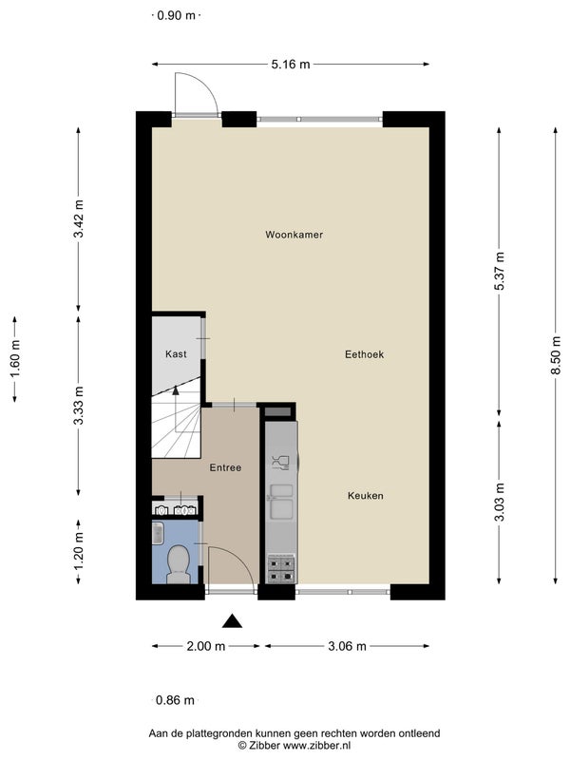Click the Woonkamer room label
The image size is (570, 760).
(294, 235)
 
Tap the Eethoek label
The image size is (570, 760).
(364, 354)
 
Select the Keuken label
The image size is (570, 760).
(366, 496)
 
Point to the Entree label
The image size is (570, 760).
(225, 467)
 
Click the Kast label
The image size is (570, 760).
(176, 353)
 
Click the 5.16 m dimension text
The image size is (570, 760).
(291, 65)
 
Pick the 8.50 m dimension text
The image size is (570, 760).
(556, 355)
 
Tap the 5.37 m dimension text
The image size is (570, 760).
(500, 271)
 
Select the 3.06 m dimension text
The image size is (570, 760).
(347, 646)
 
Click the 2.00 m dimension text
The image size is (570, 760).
(206, 646)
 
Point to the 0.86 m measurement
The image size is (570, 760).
(175, 700)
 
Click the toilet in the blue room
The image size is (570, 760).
(179, 564)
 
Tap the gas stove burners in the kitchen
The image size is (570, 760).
(281, 569)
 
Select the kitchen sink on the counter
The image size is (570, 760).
(281, 501)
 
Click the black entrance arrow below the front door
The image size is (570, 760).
(232, 621)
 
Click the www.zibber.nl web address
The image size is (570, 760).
(316, 746)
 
